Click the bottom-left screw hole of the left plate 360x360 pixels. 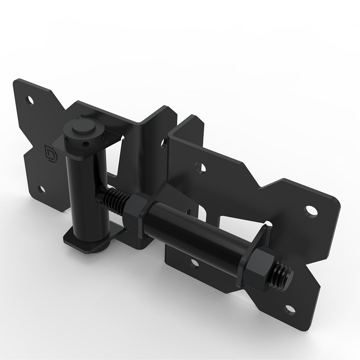(41, 189)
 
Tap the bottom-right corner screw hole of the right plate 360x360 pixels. (290, 309)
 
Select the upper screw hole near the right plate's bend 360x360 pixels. (201, 168)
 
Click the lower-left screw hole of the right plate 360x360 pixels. (194, 264)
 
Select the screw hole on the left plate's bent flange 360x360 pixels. (162, 143)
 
